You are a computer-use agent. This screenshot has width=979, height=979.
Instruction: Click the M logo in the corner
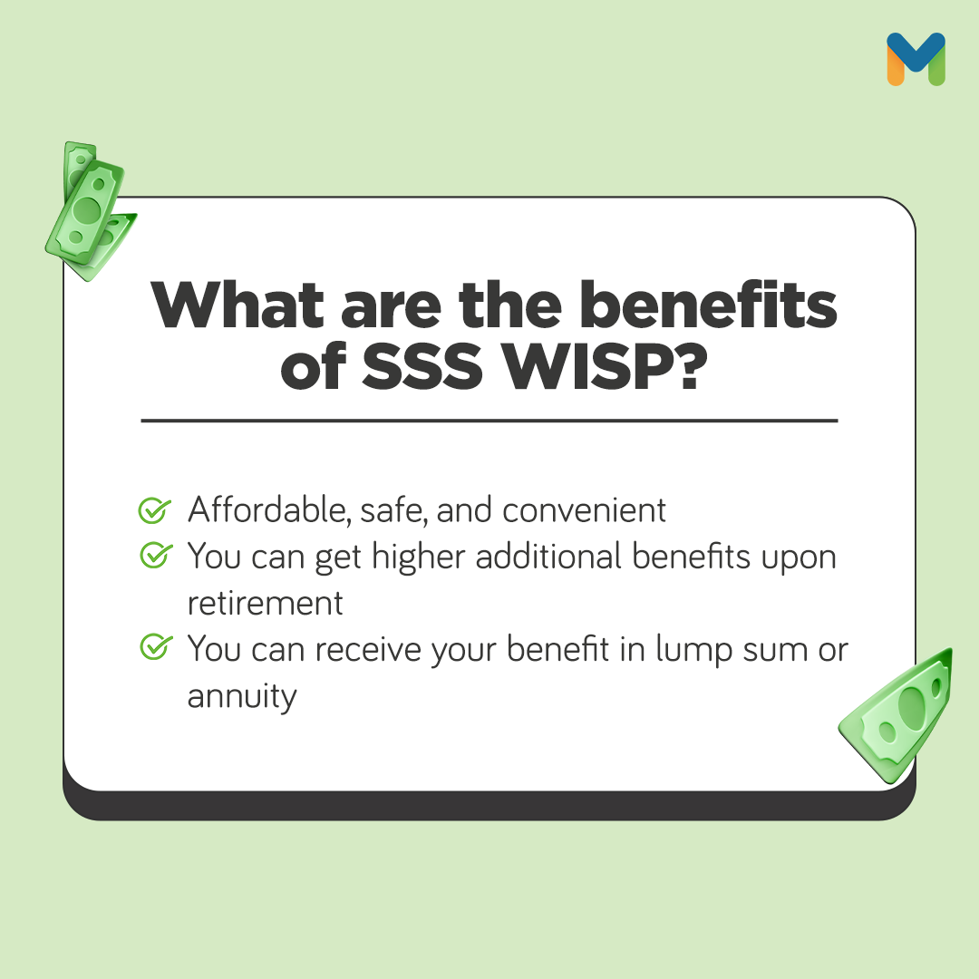pos(916,59)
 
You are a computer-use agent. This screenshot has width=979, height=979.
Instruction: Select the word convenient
pos(585,510)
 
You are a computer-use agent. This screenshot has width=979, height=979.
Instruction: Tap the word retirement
pos(266,604)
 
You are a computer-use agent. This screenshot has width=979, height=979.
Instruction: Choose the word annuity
pos(242,697)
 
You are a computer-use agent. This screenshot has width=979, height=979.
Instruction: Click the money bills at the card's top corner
pos(88,208)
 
